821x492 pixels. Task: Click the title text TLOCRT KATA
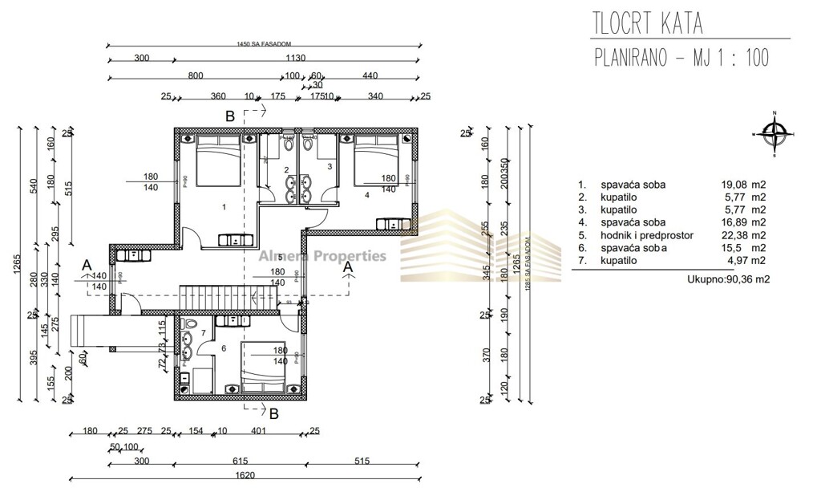coord(648,23)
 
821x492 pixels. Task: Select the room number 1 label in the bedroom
coord(224,207)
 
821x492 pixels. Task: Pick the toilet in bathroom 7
coord(189,324)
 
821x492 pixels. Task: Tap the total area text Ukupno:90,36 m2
coord(726,279)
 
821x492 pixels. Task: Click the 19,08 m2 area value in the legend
coord(743,185)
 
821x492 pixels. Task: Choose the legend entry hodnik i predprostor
coord(646,235)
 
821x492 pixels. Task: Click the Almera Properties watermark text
coord(322,257)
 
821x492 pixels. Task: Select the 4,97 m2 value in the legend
coord(743,261)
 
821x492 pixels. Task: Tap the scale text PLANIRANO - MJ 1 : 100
coord(681,59)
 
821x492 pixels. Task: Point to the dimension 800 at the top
coord(196,76)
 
